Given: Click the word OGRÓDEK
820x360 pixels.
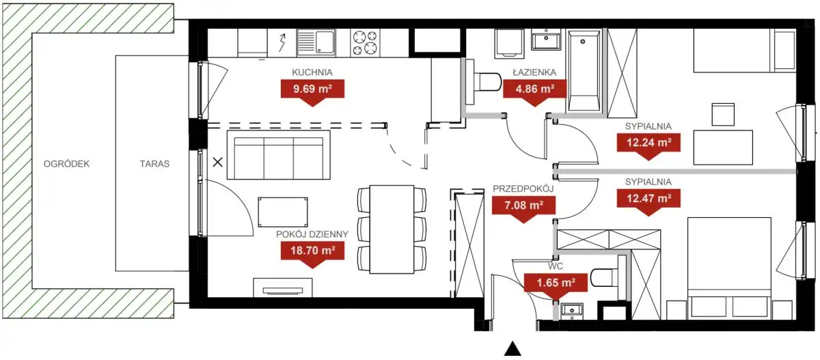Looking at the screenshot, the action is click(x=67, y=163).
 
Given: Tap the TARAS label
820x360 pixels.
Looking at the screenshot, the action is click(x=154, y=163).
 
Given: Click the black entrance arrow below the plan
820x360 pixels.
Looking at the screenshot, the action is click(x=512, y=349).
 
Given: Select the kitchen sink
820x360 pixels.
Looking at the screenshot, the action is click(x=316, y=43).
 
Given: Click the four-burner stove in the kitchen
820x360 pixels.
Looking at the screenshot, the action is click(x=365, y=43).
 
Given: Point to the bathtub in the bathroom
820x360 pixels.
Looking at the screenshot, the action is click(x=584, y=70).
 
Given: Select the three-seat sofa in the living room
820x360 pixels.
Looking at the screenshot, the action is click(x=279, y=155).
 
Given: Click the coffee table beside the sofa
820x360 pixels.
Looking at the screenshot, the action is click(x=283, y=212).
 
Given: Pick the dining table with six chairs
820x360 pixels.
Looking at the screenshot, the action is click(x=392, y=230).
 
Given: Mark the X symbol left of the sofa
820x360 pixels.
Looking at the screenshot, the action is click(x=217, y=162).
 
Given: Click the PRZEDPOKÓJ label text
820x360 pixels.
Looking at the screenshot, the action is click(x=523, y=189).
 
